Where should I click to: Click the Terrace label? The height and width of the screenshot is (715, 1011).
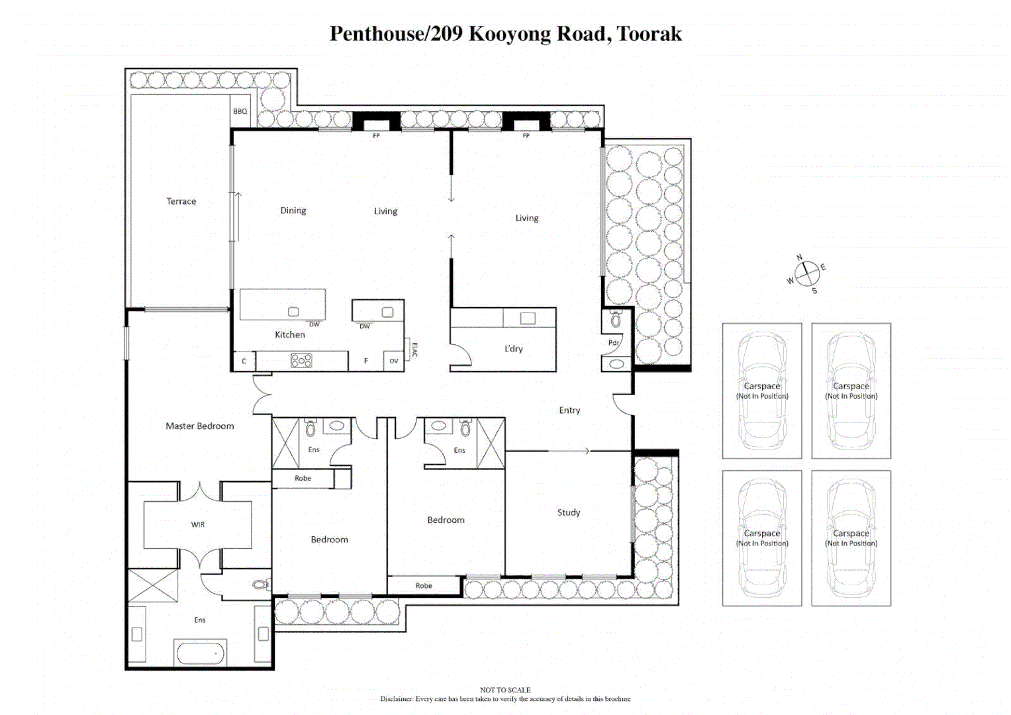click(x=181, y=201)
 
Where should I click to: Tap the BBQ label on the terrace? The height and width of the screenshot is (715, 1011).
click(x=240, y=111)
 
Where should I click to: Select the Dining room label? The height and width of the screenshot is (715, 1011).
click(x=293, y=211)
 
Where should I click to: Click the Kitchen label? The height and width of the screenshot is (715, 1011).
click(x=290, y=334)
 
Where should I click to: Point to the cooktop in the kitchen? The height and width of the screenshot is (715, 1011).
click(x=301, y=360)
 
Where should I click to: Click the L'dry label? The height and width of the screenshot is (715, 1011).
click(x=514, y=348)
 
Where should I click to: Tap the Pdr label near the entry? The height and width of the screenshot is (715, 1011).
click(x=614, y=342)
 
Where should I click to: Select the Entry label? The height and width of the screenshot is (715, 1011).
click(x=569, y=410)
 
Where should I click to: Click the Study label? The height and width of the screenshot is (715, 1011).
click(x=568, y=512)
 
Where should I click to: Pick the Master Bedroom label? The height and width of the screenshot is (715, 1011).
click(x=199, y=426)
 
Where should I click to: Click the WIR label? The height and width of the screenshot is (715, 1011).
click(x=198, y=524)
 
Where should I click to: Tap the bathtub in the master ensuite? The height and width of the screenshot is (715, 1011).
click(x=200, y=653)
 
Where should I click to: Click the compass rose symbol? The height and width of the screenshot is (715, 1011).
click(x=807, y=273)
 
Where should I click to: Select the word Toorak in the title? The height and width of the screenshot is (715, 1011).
click(x=649, y=34)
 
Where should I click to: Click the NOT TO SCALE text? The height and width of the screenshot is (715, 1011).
click(x=505, y=689)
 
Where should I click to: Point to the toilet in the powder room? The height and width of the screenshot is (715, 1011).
click(x=616, y=320)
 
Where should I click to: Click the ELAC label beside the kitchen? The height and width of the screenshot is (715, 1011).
click(x=414, y=350)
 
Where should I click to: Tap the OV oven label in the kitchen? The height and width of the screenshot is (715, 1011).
click(x=393, y=361)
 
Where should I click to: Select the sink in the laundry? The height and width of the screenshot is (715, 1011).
click(x=528, y=318)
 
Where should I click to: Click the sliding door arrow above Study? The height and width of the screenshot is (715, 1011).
click(x=569, y=451)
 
